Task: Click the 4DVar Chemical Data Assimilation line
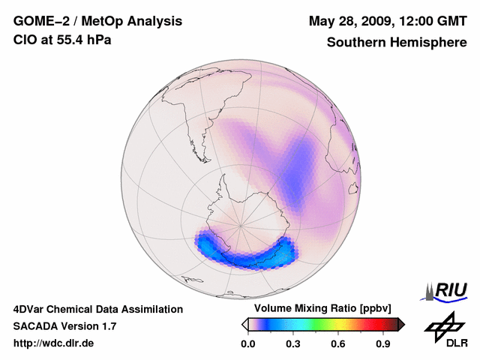pyautogui.click(x=97, y=309)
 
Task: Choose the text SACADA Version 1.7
pyautogui.click(x=65, y=326)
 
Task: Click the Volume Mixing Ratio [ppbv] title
pyautogui.click(x=322, y=309)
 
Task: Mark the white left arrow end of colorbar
pyautogui.click(x=244, y=324)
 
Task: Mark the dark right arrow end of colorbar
pyautogui.click(x=401, y=324)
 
